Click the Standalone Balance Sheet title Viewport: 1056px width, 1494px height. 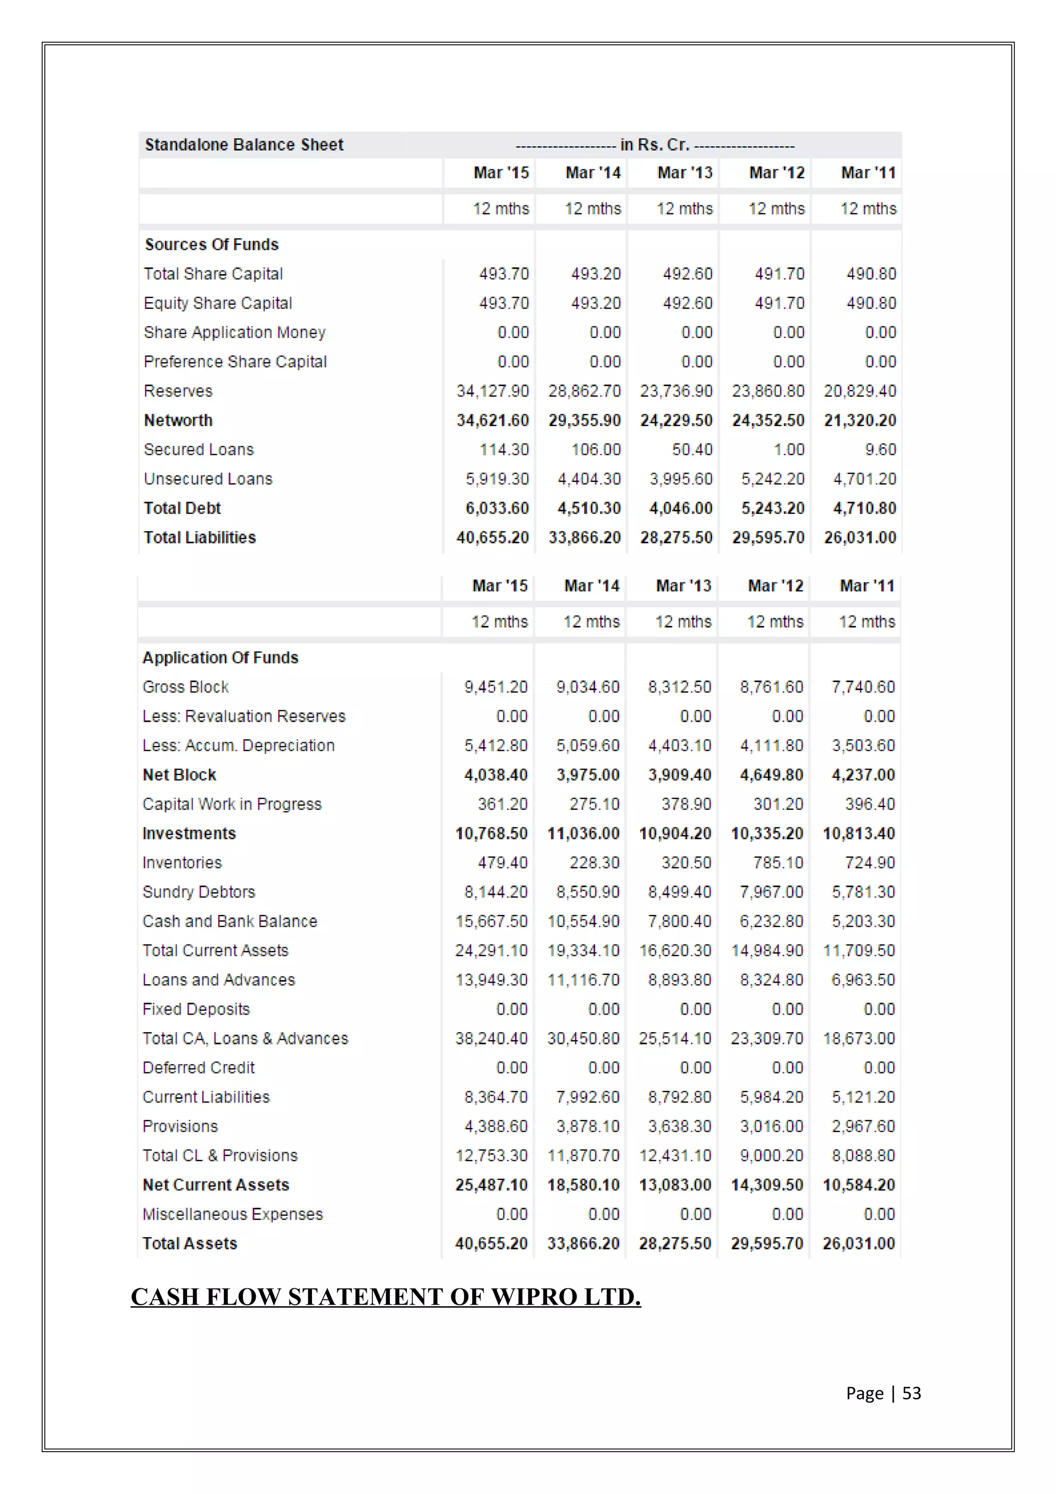(x=244, y=144)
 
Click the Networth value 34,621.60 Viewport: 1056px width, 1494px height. (x=492, y=420)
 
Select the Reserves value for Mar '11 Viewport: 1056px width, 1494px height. (x=860, y=391)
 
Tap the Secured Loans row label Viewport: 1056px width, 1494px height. (x=199, y=450)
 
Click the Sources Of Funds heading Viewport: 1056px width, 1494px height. (x=211, y=245)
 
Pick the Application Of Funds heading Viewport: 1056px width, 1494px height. (x=220, y=658)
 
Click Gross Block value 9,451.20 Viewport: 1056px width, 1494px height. (x=496, y=687)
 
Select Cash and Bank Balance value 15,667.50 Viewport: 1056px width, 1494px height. (x=491, y=921)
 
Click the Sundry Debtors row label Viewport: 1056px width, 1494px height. (x=199, y=892)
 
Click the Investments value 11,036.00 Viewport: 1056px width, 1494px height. (x=583, y=834)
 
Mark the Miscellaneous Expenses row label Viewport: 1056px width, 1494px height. (x=232, y=1214)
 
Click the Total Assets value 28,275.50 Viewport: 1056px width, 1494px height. (x=675, y=1243)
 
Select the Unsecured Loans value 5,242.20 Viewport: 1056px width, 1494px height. (x=772, y=479)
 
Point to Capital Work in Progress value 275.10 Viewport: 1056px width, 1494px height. (x=594, y=804)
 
